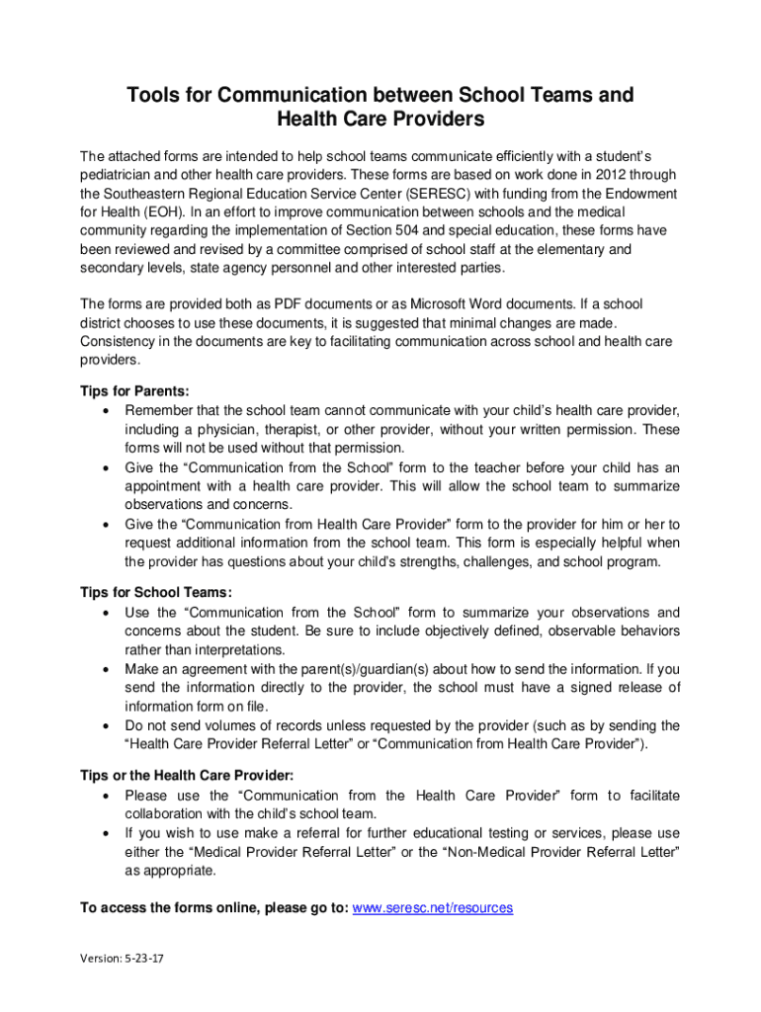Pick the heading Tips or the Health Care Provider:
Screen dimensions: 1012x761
tap(186, 776)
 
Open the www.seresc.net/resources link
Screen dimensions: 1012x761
tap(433, 907)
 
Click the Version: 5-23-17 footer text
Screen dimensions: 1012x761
tap(124, 958)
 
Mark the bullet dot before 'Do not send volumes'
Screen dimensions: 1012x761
tap(105, 725)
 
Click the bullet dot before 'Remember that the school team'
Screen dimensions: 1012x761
tap(105, 410)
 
